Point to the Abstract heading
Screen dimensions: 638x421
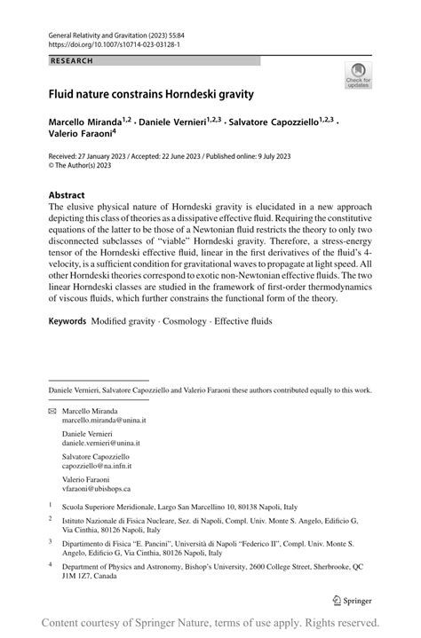67,194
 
